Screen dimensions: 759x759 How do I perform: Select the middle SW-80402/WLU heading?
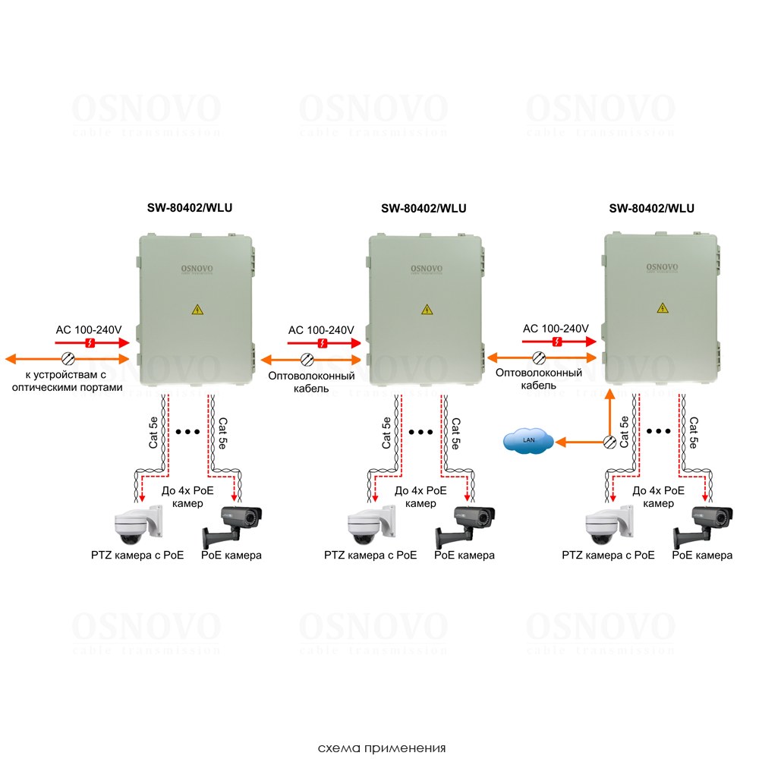click(x=424, y=208)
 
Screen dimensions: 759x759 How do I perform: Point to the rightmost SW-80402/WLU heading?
click(x=651, y=208)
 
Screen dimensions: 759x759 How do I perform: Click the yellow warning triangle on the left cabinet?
click(x=197, y=310)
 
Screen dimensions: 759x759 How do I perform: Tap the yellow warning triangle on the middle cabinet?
click(x=428, y=310)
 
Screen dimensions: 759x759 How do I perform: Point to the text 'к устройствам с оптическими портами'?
click(x=67, y=380)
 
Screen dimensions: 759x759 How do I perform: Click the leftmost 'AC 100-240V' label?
click(x=89, y=330)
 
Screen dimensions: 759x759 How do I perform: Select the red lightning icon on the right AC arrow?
click(x=558, y=342)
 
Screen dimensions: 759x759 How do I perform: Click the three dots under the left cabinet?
click(x=187, y=432)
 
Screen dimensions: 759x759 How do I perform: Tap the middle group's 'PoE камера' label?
click(x=465, y=555)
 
